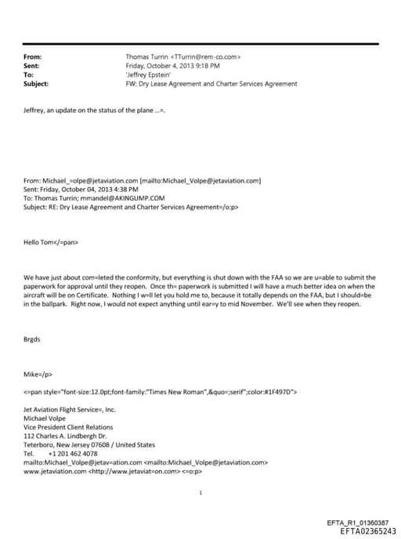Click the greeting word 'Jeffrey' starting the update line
pyautogui.click(x=35, y=111)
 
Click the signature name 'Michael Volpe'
pyautogui.click(x=45, y=418)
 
